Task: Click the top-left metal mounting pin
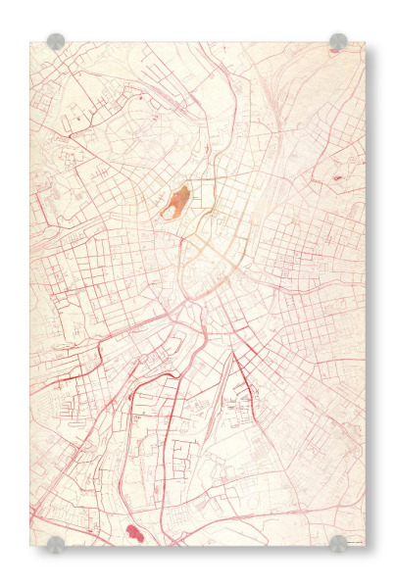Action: (56, 42)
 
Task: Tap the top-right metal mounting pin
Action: (338, 42)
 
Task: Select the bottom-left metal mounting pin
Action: (56, 544)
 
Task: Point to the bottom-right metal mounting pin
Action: (338, 544)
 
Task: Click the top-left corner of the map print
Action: (31, 42)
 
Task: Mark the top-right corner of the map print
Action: (364, 42)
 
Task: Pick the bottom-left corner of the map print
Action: (31, 546)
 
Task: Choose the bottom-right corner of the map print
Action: (364, 546)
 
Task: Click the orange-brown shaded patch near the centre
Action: (175, 203)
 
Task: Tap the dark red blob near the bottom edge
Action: (134, 532)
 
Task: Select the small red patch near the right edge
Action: (338, 177)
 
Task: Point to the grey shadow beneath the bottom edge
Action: (196, 551)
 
